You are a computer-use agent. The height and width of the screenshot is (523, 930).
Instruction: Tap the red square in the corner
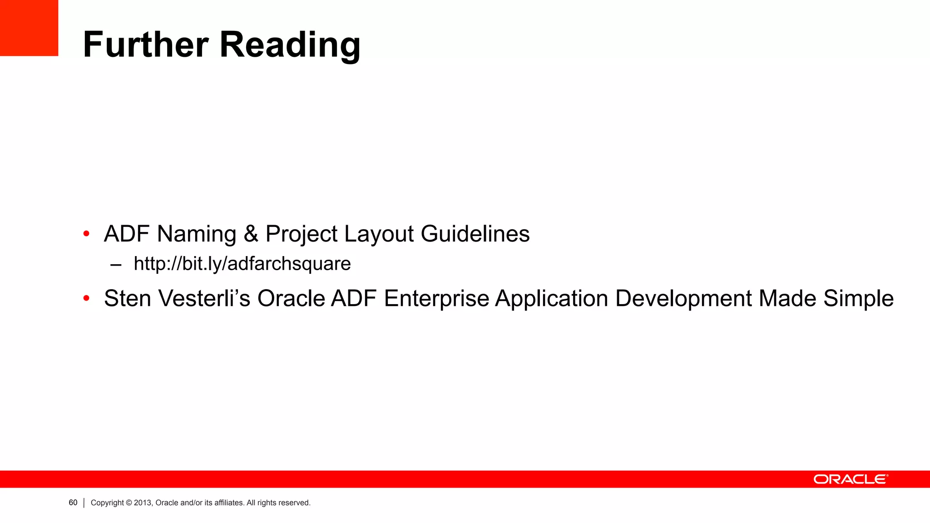tap(29, 28)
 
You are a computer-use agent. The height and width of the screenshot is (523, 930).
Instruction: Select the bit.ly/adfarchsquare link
tap(242, 264)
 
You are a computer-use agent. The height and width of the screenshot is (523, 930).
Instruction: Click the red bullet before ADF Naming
tap(86, 234)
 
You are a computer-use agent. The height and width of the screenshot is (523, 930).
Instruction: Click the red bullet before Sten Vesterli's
tap(86, 299)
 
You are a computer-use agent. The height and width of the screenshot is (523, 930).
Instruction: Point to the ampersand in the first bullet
tap(251, 234)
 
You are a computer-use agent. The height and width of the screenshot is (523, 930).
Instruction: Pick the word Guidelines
tap(475, 234)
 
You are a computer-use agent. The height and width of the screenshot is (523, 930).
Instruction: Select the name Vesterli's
tap(204, 299)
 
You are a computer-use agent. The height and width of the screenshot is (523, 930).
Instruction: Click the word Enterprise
tap(436, 299)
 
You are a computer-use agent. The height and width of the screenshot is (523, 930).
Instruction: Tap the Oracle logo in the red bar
tap(851, 479)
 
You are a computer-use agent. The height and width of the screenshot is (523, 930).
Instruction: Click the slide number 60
tap(73, 503)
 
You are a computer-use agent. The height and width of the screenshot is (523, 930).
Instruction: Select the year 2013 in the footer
tap(142, 503)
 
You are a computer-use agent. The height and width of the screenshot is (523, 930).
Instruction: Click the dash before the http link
tap(116, 265)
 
